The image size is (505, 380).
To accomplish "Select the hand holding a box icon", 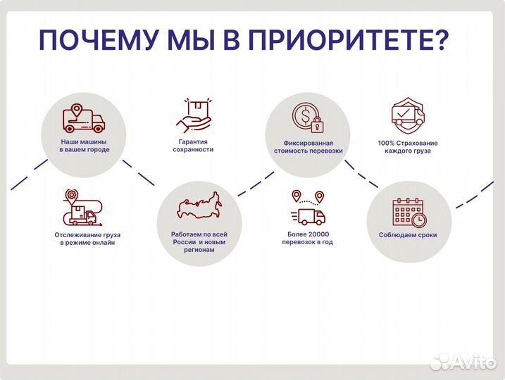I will (194, 115).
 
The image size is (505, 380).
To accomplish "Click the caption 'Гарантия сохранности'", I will (194, 146).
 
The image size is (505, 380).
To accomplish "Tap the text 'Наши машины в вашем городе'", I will (85, 146).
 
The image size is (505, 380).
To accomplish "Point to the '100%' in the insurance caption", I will (386, 142).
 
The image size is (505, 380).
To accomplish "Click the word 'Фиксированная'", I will (308, 142).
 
